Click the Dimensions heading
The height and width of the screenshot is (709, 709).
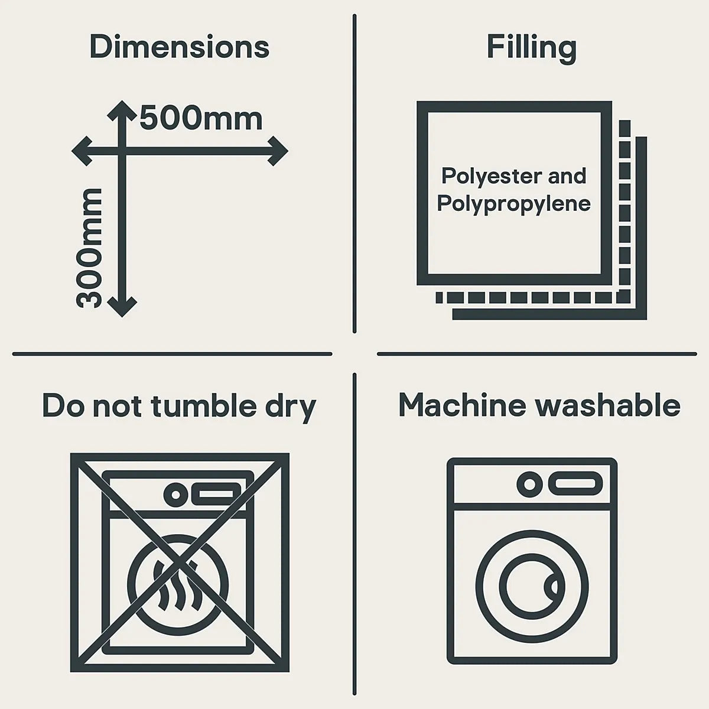180,47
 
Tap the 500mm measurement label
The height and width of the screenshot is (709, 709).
201,118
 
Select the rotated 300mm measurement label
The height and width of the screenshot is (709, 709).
89,248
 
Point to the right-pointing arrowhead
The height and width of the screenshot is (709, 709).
278,151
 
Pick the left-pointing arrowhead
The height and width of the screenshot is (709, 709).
82,151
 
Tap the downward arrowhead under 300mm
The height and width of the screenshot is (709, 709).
122,308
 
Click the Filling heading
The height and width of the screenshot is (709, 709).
532,48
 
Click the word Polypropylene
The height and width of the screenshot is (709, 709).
513,204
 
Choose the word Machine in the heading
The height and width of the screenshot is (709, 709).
462,405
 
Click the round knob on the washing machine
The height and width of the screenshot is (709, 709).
530,484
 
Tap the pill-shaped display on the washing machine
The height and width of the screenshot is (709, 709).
575,484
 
